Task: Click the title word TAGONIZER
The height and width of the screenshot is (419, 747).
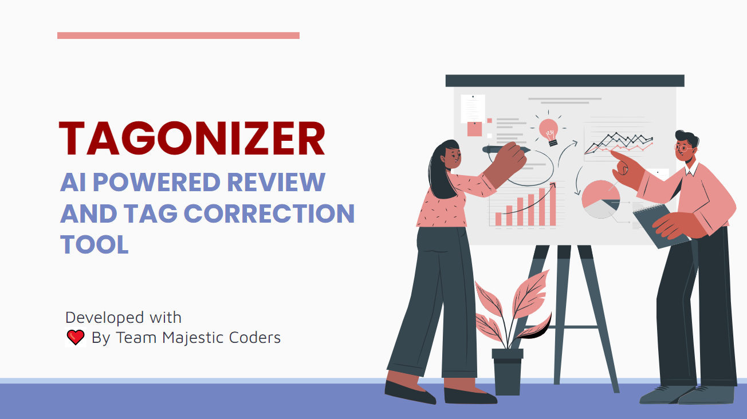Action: (x=192, y=139)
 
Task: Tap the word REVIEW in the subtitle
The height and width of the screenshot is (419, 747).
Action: (x=276, y=182)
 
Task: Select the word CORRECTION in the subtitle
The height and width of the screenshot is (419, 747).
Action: (x=269, y=214)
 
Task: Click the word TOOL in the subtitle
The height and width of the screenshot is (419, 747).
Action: (x=95, y=244)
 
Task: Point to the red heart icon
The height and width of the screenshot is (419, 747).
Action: (x=76, y=337)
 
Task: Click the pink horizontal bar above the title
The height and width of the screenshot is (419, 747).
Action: (x=178, y=35)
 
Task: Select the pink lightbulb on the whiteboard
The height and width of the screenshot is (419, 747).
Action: (x=549, y=131)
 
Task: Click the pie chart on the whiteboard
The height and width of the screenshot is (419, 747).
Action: (x=600, y=199)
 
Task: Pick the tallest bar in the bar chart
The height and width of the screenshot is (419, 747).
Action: (x=553, y=204)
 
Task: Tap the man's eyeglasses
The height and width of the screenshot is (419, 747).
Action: (x=682, y=148)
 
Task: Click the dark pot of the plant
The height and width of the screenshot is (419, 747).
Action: (x=508, y=371)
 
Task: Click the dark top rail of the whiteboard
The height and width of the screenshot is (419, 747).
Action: (x=565, y=81)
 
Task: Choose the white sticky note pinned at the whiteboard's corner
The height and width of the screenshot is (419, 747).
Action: (x=473, y=109)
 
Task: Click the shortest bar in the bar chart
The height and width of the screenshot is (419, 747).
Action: (x=498, y=219)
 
